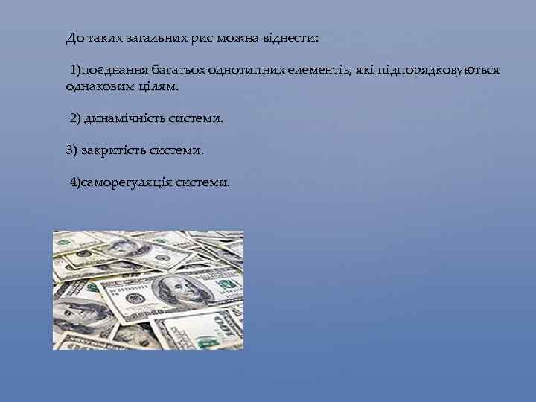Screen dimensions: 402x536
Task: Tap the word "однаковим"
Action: pos(97,86)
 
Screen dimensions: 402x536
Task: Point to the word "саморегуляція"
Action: pos(127,182)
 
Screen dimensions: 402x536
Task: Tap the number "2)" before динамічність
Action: pos(76,118)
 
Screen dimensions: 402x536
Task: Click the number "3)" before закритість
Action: pos(71,150)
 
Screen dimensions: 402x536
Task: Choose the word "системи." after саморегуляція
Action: pos(202,182)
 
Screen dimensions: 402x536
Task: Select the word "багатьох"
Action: pos(179,71)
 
